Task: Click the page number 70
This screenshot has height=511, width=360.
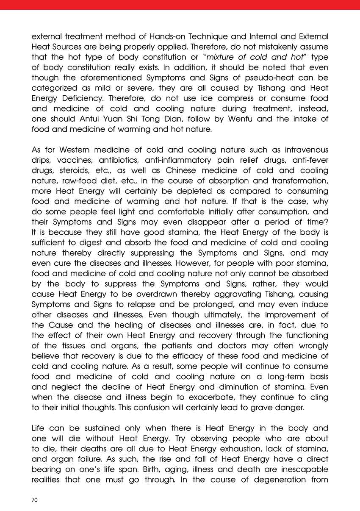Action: pos(35,500)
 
